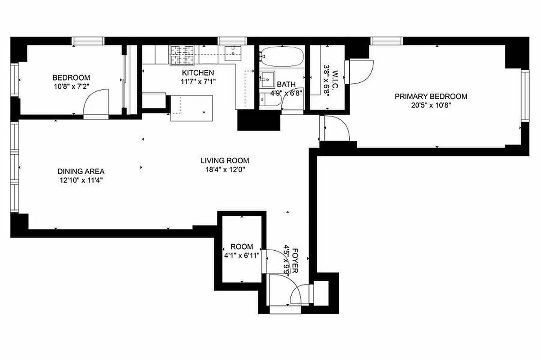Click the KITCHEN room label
[x=198, y=73]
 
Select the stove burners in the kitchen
[x=182, y=55]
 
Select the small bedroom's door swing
[x=96, y=103]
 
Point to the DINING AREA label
[x=81, y=171]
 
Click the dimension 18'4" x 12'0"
[x=225, y=170]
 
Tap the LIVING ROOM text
[x=225, y=161]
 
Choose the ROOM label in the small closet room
[x=242, y=247]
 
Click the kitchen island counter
[x=191, y=108]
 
